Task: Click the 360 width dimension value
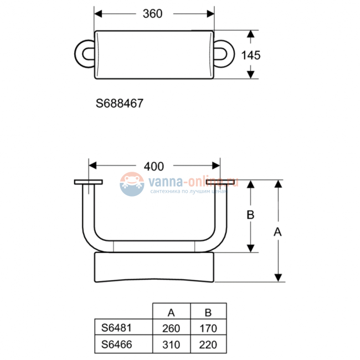click(152, 13)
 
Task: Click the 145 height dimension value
click(251, 55)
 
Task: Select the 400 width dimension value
click(153, 166)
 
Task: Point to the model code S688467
click(120, 103)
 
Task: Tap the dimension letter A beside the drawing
click(278, 233)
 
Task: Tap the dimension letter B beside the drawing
click(250, 215)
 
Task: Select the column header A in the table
click(171, 312)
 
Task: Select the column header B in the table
click(208, 312)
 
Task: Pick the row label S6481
click(116, 328)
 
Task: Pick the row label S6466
click(116, 344)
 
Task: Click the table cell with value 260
click(171, 328)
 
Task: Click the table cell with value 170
click(208, 328)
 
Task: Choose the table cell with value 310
click(171, 344)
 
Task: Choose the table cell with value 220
click(208, 344)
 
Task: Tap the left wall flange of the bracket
click(88, 182)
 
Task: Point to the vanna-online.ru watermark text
click(193, 181)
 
